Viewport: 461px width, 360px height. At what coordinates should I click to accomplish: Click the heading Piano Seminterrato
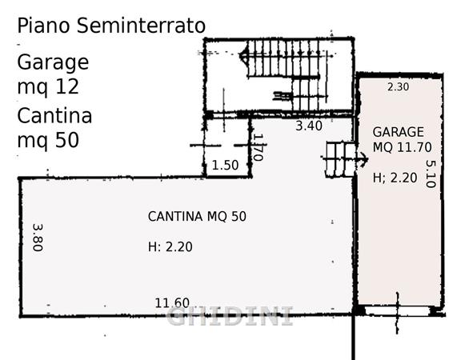[111, 26]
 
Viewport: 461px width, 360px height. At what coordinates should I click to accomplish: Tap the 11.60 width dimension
[172, 303]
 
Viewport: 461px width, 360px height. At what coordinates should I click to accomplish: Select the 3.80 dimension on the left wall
[38, 238]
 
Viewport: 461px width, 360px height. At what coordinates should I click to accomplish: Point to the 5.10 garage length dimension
[431, 174]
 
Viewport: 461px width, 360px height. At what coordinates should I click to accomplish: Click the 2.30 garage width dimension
[398, 87]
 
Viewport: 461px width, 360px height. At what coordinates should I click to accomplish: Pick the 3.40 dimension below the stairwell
[309, 126]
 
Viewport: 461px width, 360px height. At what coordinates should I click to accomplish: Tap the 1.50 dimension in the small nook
[225, 165]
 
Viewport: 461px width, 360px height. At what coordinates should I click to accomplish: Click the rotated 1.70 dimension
[258, 147]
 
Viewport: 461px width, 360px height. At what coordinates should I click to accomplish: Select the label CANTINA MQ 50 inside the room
[197, 217]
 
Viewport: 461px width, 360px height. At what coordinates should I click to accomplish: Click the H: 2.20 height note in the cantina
[170, 246]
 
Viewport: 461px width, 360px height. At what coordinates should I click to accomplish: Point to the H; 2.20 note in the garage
[395, 178]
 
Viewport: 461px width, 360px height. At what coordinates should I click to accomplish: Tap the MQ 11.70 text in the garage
[403, 147]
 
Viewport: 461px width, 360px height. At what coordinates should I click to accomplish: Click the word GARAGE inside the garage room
[398, 132]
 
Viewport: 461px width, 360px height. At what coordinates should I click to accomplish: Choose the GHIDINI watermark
[230, 316]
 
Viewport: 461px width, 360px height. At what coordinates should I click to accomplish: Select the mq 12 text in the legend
[48, 87]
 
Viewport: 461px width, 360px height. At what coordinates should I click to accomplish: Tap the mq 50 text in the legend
[48, 141]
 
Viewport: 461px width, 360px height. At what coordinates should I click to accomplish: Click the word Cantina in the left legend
[54, 115]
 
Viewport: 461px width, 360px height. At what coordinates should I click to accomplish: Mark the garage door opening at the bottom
[397, 311]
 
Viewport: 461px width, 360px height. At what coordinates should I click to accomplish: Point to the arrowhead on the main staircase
[244, 55]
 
